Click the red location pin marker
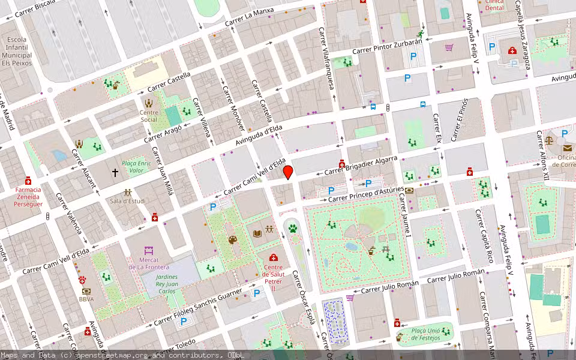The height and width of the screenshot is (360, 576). click(x=288, y=172)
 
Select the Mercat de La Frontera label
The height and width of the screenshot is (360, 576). click(x=149, y=263)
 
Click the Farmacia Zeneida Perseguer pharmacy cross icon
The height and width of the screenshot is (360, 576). click(x=28, y=181)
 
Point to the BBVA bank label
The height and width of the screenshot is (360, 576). click(x=86, y=291)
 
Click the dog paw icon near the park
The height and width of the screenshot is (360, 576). click(x=292, y=228)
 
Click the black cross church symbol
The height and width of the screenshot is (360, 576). click(x=115, y=172)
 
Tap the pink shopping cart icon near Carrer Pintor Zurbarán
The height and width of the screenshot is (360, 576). click(x=449, y=47)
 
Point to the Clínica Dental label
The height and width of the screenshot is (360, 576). click(x=494, y=5)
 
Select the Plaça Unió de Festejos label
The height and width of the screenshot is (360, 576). click(x=425, y=334)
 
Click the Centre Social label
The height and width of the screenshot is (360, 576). click(x=149, y=116)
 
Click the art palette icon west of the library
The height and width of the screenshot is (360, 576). click(x=232, y=240)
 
